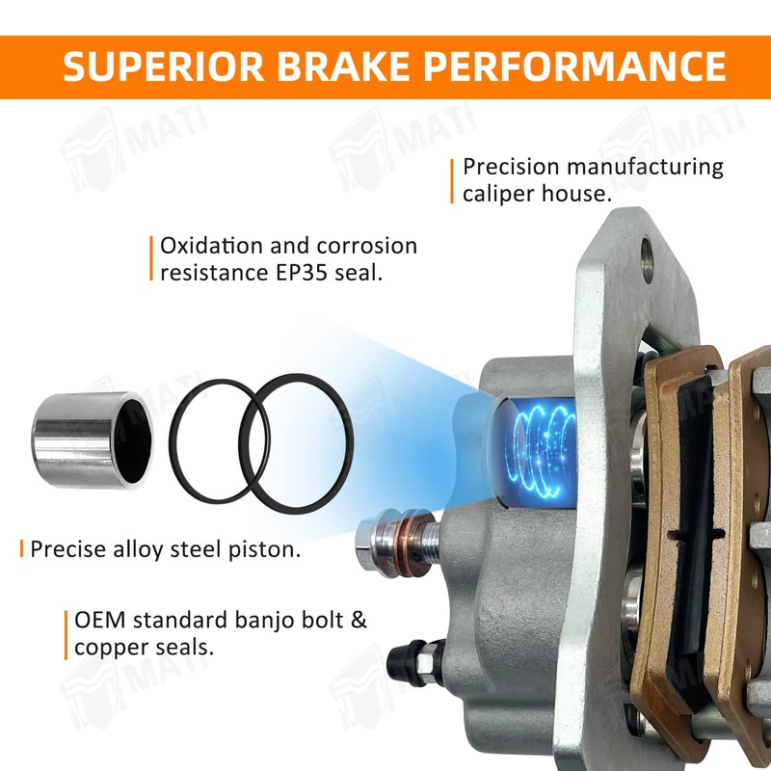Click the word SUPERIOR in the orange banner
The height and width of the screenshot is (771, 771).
pyautogui.click(x=164, y=66)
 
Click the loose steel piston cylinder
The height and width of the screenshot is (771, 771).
pyautogui.click(x=92, y=440)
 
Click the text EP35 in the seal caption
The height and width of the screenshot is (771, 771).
pyautogui.click(x=302, y=273)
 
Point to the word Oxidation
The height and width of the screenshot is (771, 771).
pyautogui.click(x=211, y=246)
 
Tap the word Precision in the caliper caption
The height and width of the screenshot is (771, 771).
pyautogui.click(x=512, y=167)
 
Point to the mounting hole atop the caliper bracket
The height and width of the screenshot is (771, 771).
pyautogui.click(x=647, y=260)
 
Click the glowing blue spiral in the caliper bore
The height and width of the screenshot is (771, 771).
pyautogui.click(x=542, y=451)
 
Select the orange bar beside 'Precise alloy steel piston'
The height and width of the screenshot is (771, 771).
pyautogui.click(x=21, y=548)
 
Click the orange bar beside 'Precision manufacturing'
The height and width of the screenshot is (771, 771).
pyautogui.click(x=452, y=181)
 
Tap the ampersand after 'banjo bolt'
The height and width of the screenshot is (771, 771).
pyautogui.click(x=359, y=620)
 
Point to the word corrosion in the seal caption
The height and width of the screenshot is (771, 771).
pyautogui.click(x=367, y=246)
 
